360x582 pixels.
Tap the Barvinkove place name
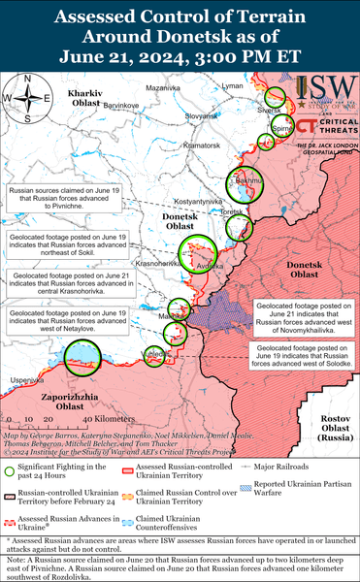click(x=122, y=103)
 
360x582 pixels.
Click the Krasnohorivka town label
click(x=155, y=263)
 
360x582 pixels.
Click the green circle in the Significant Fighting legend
click(x=14, y=471)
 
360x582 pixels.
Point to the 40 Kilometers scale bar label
click(x=67, y=418)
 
